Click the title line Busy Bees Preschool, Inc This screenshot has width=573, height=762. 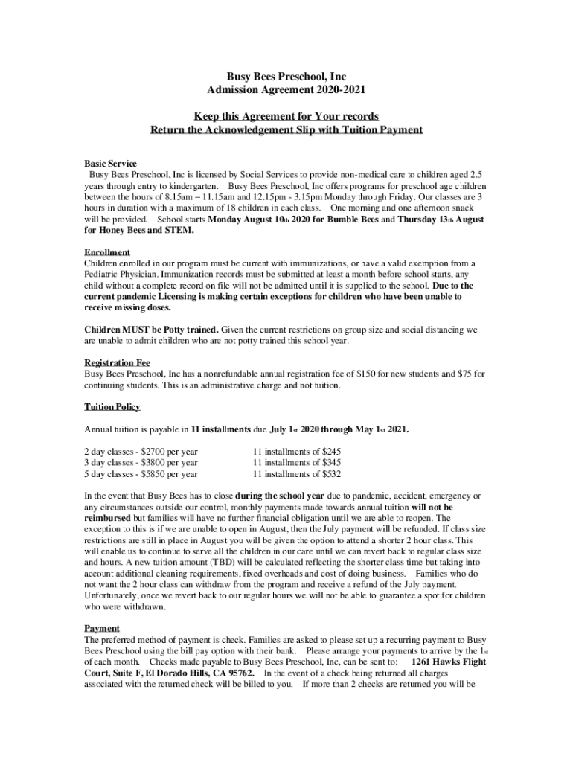pos(286,77)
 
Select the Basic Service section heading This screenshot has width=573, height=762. pos(110,163)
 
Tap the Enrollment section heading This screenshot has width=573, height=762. pos(107,252)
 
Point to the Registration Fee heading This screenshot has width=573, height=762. pos(117,362)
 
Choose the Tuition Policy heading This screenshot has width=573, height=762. pos(112,407)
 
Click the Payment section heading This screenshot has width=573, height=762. pos(101,628)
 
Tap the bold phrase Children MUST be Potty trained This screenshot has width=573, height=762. pos(151,329)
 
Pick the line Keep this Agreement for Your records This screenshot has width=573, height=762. pos(286,117)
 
